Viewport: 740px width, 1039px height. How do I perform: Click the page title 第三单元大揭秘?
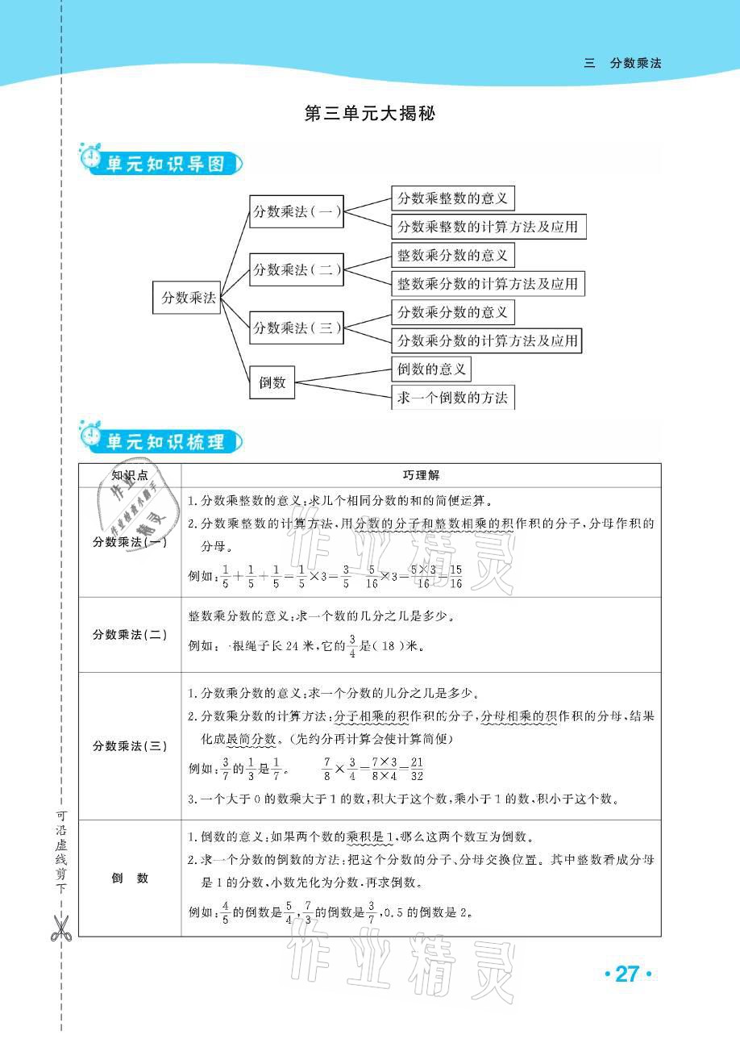click(370, 114)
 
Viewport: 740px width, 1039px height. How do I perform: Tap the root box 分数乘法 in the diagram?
click(186, 298)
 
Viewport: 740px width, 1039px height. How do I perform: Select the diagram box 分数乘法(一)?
click(297, 212)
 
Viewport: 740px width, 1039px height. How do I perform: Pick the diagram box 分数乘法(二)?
click(297, 269)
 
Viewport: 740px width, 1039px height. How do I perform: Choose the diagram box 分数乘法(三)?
click(297, 328)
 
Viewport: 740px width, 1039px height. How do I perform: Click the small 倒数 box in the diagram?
click(272, 382)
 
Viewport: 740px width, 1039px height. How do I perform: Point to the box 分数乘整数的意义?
click(452, 198)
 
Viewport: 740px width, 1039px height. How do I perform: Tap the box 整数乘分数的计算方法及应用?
click(488, 284)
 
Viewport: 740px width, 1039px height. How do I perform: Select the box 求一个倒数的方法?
click(452, 398)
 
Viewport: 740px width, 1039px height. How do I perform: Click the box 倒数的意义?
click(431, 369)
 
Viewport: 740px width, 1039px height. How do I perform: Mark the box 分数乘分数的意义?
click(452, 312)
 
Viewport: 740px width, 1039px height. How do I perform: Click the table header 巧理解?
click(421, 476)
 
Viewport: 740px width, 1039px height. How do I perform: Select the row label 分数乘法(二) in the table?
click(130, 634)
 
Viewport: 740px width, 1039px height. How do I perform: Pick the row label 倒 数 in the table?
click(130, 878)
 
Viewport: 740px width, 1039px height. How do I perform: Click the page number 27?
click(626, 974)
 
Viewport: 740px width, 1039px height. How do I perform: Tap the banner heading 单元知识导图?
click(164, 165)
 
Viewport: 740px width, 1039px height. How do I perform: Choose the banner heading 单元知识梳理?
click(164, 441)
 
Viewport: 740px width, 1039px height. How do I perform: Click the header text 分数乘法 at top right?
click(635, 63)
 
